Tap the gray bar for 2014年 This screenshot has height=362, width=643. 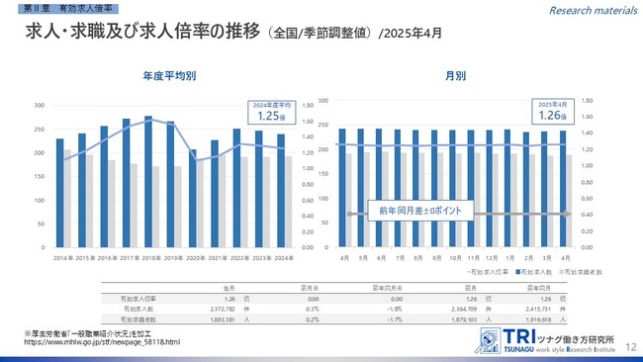[x=66, y=199]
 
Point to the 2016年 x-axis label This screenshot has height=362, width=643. [x=104, y=256]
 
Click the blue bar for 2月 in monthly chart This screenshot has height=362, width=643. [x=529, y=189]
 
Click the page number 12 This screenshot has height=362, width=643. [x=630, y=338]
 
